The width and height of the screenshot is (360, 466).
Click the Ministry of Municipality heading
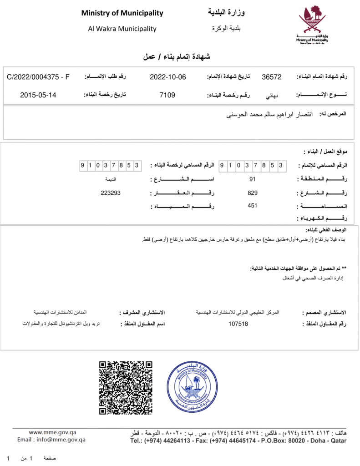pyautogui.click(x=122, y=13)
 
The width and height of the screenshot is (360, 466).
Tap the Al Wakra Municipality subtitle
pyautogui.click(x=122, y=29)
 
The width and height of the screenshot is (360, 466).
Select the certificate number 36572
pyautogui.click(x=272, y=77)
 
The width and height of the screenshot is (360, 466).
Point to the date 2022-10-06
pyautogui.click(x=168, y=77)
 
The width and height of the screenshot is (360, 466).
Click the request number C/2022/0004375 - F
pyautogui.click(x=38, y=77)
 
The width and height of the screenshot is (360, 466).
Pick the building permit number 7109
pyautogui.click(x=167, y=95)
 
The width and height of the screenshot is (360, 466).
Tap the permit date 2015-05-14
pyautogui.click(x=38, y=95)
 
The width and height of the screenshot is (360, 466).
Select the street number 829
pyautogui.click(x=253, y=193)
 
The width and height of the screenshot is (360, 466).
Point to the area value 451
pyautogui.click(x=253, y=206)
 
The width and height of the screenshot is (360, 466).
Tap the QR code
pyautogui.click(x=126, y=387)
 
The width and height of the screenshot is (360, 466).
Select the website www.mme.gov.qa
pyautogui.click(x=52, y=432)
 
